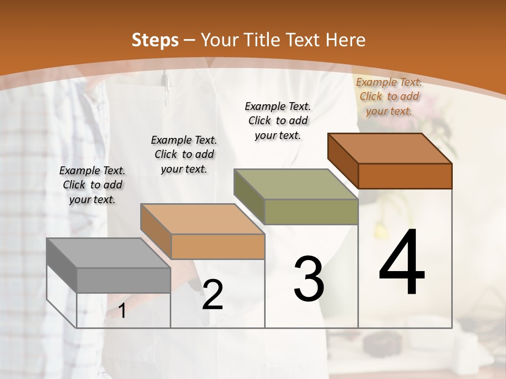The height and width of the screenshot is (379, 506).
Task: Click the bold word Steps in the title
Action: [155, 40]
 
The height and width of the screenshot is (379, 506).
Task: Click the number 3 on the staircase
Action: [309, 279]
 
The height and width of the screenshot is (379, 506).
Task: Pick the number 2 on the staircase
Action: [212, 295]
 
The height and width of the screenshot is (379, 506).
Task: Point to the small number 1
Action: [122, 311]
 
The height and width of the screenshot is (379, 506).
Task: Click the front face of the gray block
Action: [123, 281]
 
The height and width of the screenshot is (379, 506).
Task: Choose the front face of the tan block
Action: [218, 246]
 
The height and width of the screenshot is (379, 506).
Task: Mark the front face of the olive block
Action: [311, 212]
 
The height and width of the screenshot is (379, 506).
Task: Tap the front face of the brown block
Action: [405, 176]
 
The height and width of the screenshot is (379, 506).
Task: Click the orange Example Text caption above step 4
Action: [389, 96]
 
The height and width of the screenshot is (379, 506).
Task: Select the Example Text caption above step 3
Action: [278, 121]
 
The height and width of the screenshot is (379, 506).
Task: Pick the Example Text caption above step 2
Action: [184, 154]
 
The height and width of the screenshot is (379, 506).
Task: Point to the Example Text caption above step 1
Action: [92, 185]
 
